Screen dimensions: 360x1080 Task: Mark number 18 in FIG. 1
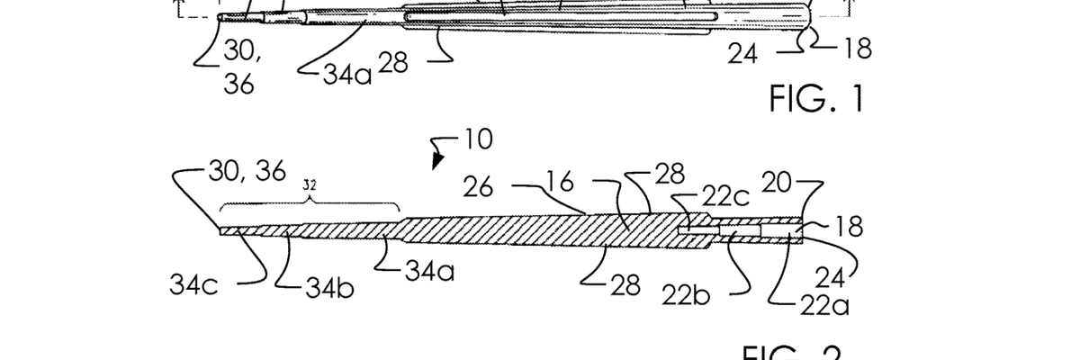(x=857, y=49)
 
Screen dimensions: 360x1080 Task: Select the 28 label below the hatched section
(x=624, y=286)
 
